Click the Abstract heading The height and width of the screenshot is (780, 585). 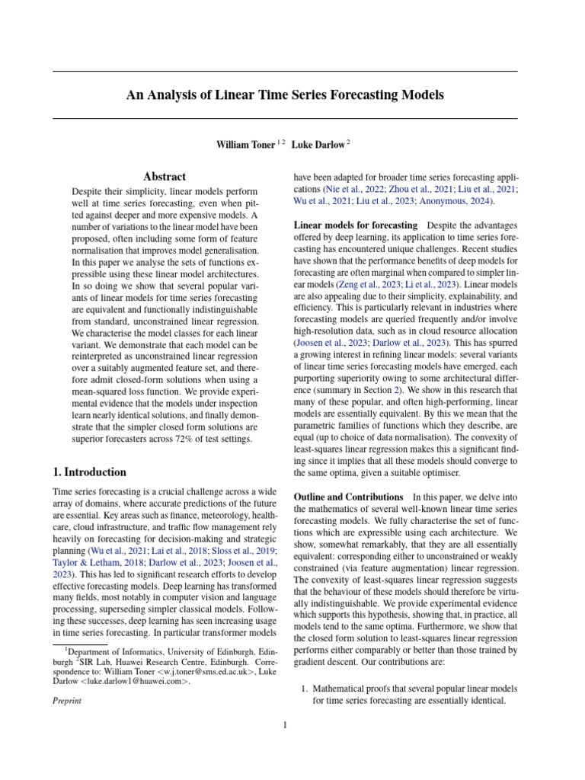pyautogui.click(x=165, y=176)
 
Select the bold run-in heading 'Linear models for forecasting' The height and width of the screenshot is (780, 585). pyautogui.click(x=356, y=225)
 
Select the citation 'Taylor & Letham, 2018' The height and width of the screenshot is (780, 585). pyautogui.click(x=96, y=563)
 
